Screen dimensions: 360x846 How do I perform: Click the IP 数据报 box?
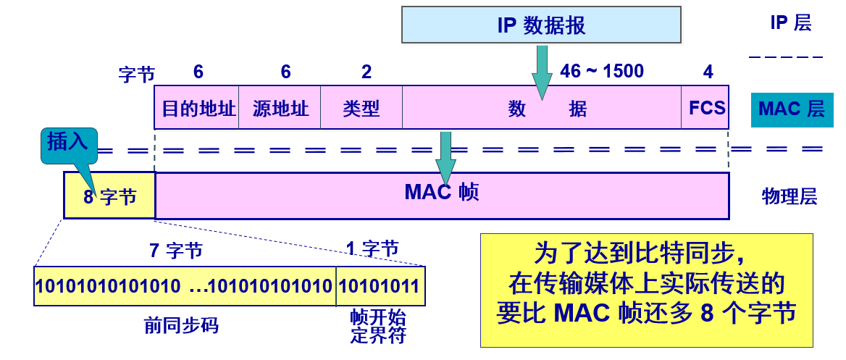tap(542, 25)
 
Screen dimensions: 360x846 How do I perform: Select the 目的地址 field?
tap(197, 109)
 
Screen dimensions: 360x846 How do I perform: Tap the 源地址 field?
tap(280, 109)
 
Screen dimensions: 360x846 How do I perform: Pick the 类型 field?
tap(361, 109)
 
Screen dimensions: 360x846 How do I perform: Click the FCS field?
tap(706, 109)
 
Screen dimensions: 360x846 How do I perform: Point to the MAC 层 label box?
tap(790, 109)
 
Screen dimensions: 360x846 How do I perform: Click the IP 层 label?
tap(790, 23)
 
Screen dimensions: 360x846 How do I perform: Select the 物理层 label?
tap(790, 196)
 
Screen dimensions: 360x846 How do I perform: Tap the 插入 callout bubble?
tap(67, 143)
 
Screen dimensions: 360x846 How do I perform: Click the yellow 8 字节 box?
tap(109, 196)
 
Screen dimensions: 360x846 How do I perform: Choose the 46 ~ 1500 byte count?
tap(601, 71)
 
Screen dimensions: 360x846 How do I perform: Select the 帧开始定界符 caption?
tap(377, 327)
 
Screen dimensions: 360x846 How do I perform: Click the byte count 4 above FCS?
tap(708, 71)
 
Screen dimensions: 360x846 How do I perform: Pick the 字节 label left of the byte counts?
tap(136, 74)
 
